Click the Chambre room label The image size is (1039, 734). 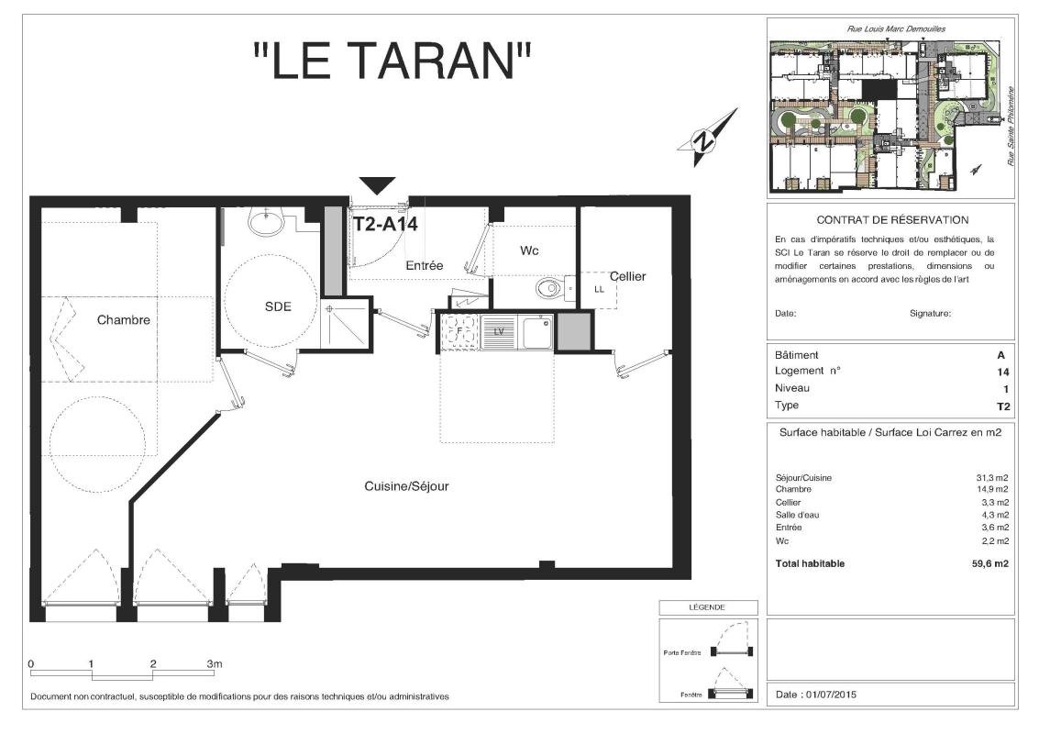point(123,319)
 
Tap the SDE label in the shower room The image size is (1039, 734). point(278,306)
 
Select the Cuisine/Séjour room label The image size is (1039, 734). point(406,486)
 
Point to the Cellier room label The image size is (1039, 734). point(627,276)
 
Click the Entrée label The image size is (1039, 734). point(424,265)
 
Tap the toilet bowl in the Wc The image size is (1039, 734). point(551,288)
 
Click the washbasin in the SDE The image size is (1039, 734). point(266,221)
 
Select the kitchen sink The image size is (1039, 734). point(536,332)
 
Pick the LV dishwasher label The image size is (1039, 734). point(499,331)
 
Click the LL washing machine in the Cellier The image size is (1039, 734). point(599,290)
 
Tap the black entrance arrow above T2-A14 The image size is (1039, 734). point(377,185)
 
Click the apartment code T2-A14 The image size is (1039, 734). point(385,224)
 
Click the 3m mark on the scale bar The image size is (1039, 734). point(214,663)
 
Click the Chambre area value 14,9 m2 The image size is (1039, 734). point(992,489)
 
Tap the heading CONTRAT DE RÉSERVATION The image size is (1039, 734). point(892,220)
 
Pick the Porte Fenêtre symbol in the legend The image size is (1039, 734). point(732,639)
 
